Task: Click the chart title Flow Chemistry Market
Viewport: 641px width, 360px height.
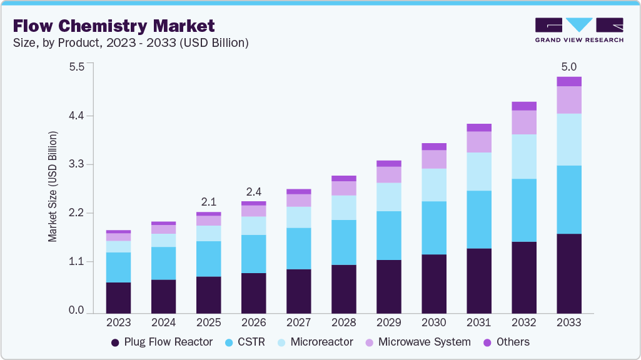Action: pos(113,26)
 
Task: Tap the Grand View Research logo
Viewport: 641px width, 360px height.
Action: pos(578,30)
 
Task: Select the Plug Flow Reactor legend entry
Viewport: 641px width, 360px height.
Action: pos(161,342)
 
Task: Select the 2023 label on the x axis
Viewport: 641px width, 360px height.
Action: pos(118,323)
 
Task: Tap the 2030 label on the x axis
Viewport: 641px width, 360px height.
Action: pos(434,323)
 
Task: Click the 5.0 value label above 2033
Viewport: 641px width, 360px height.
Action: pos(569,67)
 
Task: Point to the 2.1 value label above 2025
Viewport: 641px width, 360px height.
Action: pos(209,202)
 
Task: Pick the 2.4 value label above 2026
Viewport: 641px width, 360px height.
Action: pos(254,191)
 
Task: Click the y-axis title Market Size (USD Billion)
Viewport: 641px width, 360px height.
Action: pos(53,187)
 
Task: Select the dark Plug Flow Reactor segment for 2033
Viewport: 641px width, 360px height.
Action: pos(569,273)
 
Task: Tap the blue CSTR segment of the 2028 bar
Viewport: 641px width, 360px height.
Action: pos(344,242)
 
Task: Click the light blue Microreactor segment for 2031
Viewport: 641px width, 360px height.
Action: pos(479,171)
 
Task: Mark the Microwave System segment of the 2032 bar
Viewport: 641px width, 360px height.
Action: pos(524,122)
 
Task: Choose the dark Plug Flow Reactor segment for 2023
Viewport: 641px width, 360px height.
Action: pos(118,297)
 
